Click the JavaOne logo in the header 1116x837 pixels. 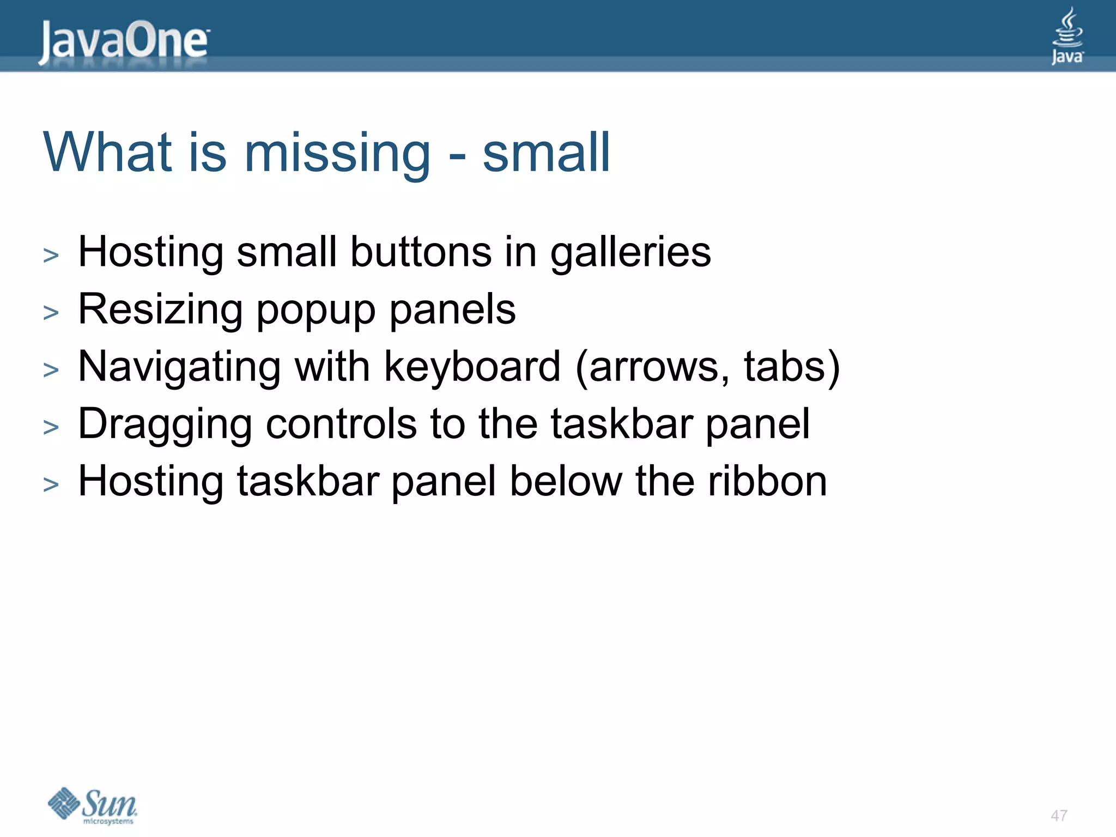click(124, 41)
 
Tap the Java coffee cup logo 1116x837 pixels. click(1067, 36)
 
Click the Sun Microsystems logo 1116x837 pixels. click(93, 805)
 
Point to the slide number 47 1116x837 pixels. click(1059, 816)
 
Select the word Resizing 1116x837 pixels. click(160, 311)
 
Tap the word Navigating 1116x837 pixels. click(179, 367)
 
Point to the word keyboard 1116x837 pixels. click(472, 367)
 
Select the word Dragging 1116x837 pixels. click(165, 425)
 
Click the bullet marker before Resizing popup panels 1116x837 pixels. click(51, 313)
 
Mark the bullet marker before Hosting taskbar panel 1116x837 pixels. click(51, 484)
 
